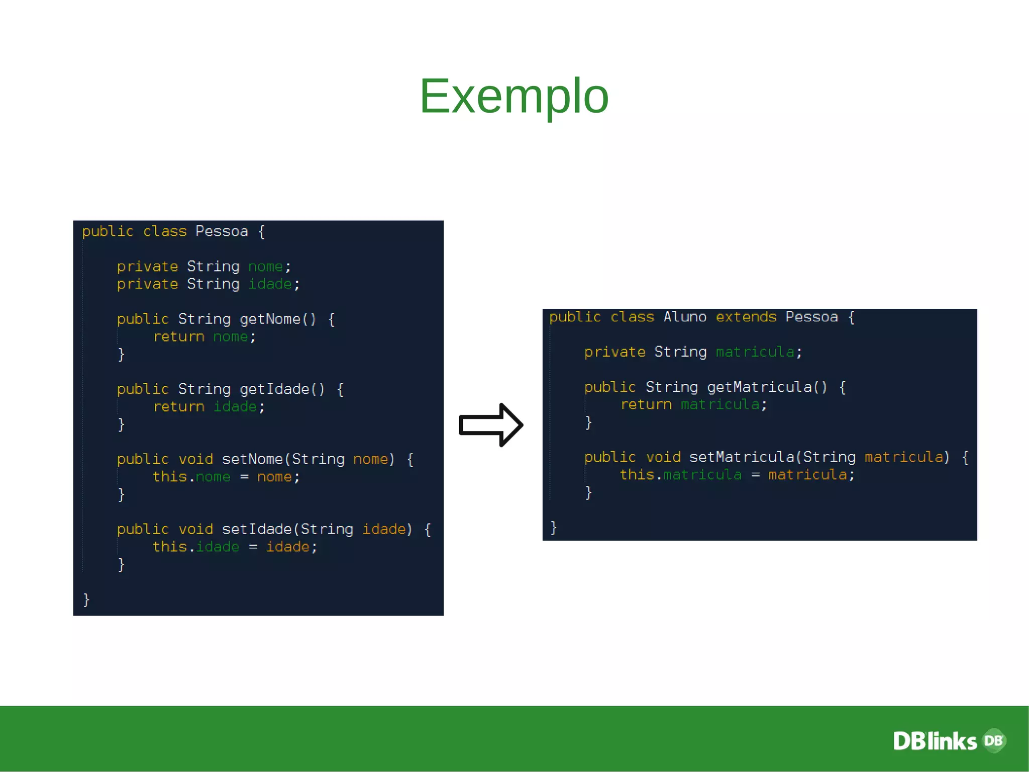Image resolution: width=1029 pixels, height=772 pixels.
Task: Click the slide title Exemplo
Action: (513, 96)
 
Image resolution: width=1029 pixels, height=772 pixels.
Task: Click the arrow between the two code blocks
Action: (490, 425)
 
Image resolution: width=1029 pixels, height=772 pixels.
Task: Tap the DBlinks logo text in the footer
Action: (935, 741)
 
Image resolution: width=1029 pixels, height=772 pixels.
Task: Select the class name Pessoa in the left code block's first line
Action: (222, 231)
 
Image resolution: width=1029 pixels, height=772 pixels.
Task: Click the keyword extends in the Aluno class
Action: (746, 317)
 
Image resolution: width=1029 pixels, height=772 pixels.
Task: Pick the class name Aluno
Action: (684, 317)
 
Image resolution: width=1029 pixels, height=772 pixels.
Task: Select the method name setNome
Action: (252, 459)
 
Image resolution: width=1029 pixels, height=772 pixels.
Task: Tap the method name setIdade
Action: (257, 529)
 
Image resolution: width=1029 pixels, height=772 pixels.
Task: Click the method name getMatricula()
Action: (767, 387)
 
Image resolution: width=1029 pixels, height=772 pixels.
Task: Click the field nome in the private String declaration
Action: (265, 267)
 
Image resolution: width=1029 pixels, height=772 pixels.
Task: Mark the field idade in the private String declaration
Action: (270, 284)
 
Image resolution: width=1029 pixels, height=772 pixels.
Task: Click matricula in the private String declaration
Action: (755, 352)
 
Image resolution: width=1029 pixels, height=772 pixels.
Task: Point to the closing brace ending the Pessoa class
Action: (86, 599)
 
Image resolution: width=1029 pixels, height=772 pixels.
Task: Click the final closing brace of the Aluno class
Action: (553, 527)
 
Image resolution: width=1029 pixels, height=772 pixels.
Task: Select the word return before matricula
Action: (646, 404)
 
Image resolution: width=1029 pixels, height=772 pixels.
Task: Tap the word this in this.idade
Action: (169, 547)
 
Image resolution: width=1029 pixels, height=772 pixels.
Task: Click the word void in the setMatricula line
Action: (663, 457)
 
